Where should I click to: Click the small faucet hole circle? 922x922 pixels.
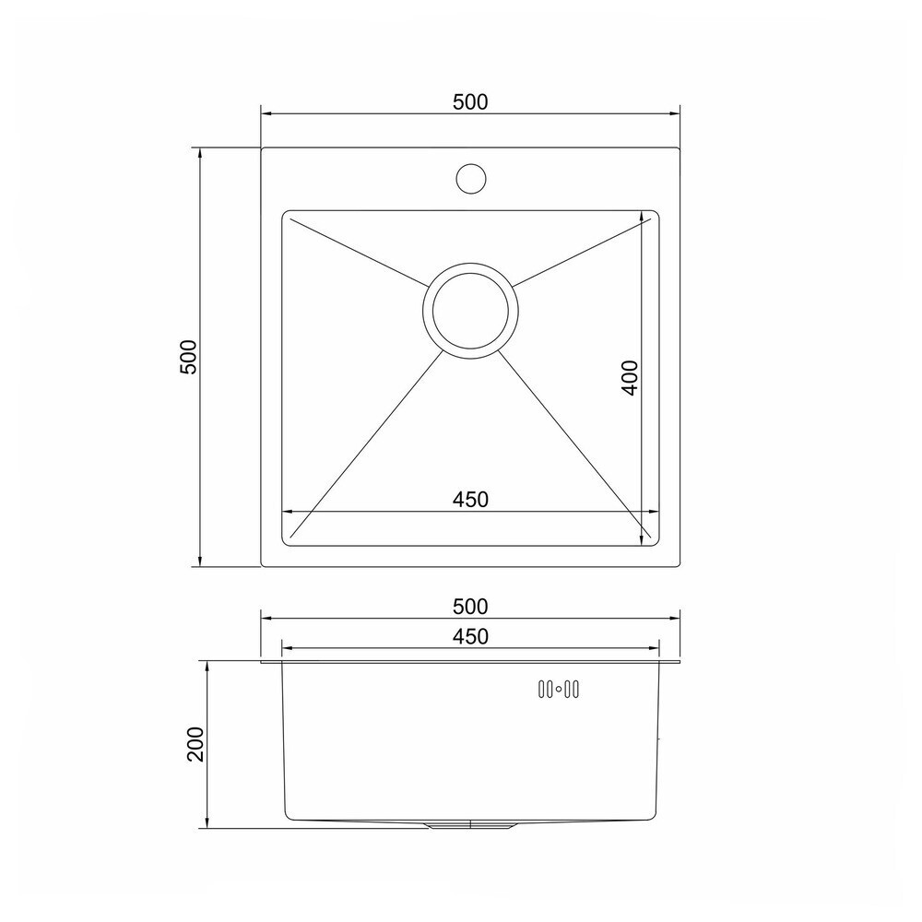470,178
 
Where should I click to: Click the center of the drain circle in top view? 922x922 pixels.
470,311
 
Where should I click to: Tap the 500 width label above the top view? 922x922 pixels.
470,102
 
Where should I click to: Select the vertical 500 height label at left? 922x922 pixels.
187,357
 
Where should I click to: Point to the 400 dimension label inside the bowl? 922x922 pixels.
629,377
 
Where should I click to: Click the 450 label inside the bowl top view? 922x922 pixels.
470,499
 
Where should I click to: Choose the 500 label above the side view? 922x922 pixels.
470,607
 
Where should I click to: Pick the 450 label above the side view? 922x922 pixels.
470,636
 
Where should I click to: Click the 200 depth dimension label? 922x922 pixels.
195,744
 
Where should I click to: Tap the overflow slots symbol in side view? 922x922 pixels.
559,689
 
